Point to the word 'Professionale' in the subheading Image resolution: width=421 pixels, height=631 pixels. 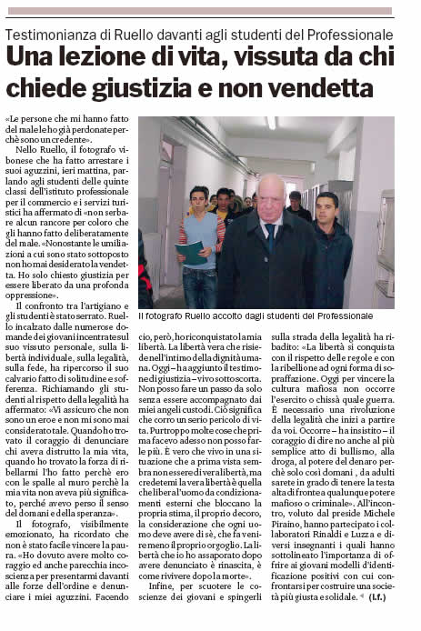click(345, 34)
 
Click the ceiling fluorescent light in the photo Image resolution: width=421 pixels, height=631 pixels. click(270, 122)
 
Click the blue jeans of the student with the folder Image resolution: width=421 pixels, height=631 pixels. click(199, 287)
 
